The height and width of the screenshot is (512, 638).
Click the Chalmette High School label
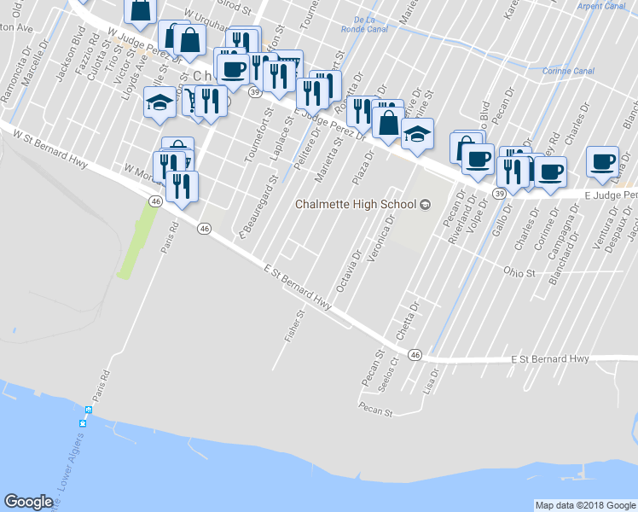[x=356, y=204]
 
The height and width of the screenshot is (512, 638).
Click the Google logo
[x=28, y=502]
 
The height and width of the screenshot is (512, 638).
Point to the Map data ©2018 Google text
[x=585, y=505]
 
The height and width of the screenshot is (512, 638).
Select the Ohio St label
[x=519, y=274]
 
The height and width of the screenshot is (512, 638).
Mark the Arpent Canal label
[x=600, y=5]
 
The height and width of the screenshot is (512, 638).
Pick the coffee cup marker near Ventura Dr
[x=603, y=160]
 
